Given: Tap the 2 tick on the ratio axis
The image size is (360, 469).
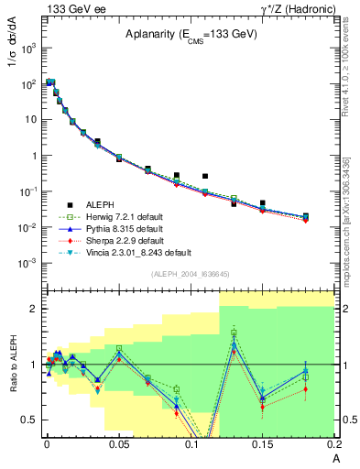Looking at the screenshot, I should (38, 309).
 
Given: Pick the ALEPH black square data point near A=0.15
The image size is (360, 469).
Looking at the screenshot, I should (263, 203).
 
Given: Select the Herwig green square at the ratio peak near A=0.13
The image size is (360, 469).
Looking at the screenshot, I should (234, 333).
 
